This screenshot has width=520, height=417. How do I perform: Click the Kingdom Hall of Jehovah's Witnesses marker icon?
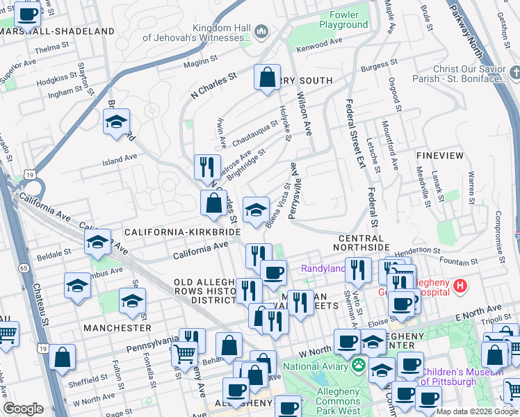click(262, 31)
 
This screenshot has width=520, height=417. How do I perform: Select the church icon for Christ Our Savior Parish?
click(514, 72)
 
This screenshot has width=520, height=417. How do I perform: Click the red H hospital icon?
click(460, 285)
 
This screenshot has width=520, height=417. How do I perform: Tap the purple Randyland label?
click(323, 268)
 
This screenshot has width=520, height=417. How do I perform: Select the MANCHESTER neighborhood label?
click(117, 327)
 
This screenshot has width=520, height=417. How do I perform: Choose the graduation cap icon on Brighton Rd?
click(116, 122)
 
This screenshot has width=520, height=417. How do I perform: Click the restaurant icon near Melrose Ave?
click(206, 167)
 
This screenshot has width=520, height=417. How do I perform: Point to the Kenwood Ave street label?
click(320, 44)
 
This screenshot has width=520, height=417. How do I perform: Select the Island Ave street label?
click(120, 160)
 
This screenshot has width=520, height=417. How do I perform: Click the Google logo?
click(23, 409)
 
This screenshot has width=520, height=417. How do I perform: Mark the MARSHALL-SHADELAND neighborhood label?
click(57, 31)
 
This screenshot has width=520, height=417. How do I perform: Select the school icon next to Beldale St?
click(97, 243)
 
